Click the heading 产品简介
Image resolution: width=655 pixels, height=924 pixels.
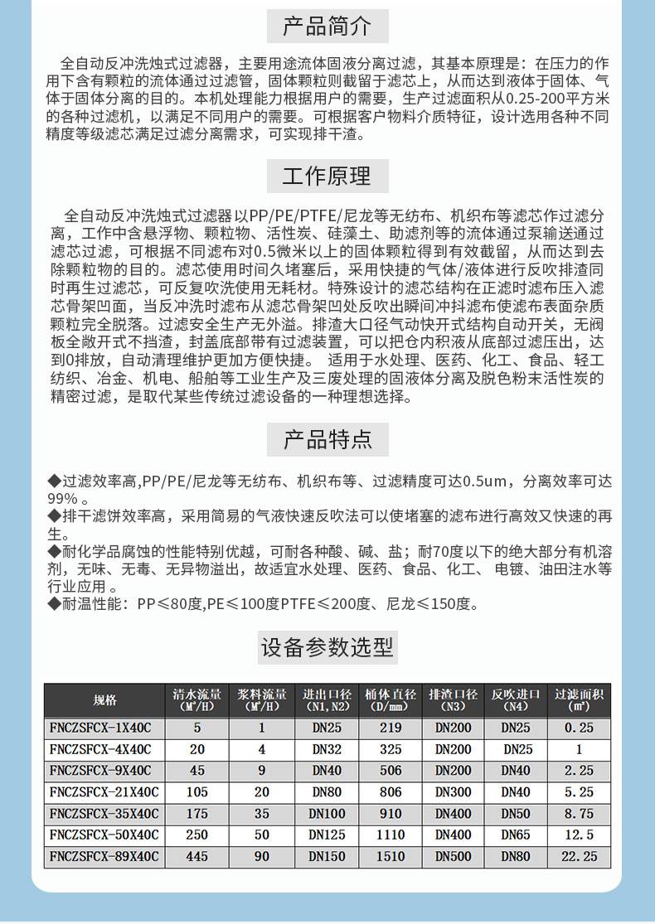(327, 26)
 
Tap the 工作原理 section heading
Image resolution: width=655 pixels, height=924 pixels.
(327, 177)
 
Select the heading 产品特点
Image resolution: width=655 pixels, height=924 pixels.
(327, 438)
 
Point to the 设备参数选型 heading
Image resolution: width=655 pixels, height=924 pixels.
(327, 646)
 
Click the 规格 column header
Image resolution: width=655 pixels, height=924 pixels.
(104, 700)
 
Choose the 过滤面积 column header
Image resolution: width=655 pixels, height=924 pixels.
(579, 700)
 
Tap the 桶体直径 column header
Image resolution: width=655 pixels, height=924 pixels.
(391, 700)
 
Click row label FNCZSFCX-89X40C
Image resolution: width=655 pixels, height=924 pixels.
(104, 856)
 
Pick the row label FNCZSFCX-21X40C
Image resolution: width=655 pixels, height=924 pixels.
(104, 791)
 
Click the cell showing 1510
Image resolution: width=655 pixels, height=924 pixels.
(391, 856)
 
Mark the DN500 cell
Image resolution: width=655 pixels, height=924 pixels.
(453, 856)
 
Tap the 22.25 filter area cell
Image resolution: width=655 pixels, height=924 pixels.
(579, 856)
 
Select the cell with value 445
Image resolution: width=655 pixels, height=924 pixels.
(196, 856)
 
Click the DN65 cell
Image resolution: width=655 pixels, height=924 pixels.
(516, 835)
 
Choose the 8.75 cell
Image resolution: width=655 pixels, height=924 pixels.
(579, 813)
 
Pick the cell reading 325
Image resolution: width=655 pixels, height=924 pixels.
(391, 749)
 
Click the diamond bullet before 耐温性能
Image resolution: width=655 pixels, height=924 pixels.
(55, 603)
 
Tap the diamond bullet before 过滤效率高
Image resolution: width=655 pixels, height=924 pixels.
(55, 481)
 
